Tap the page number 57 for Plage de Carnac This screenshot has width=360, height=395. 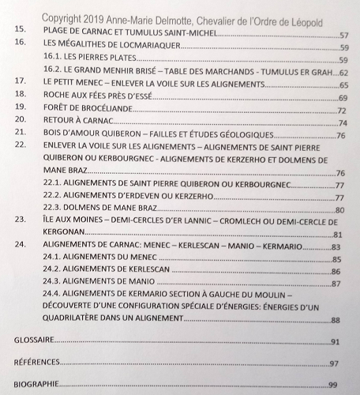(343, 36)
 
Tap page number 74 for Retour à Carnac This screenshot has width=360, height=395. (342, 122)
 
